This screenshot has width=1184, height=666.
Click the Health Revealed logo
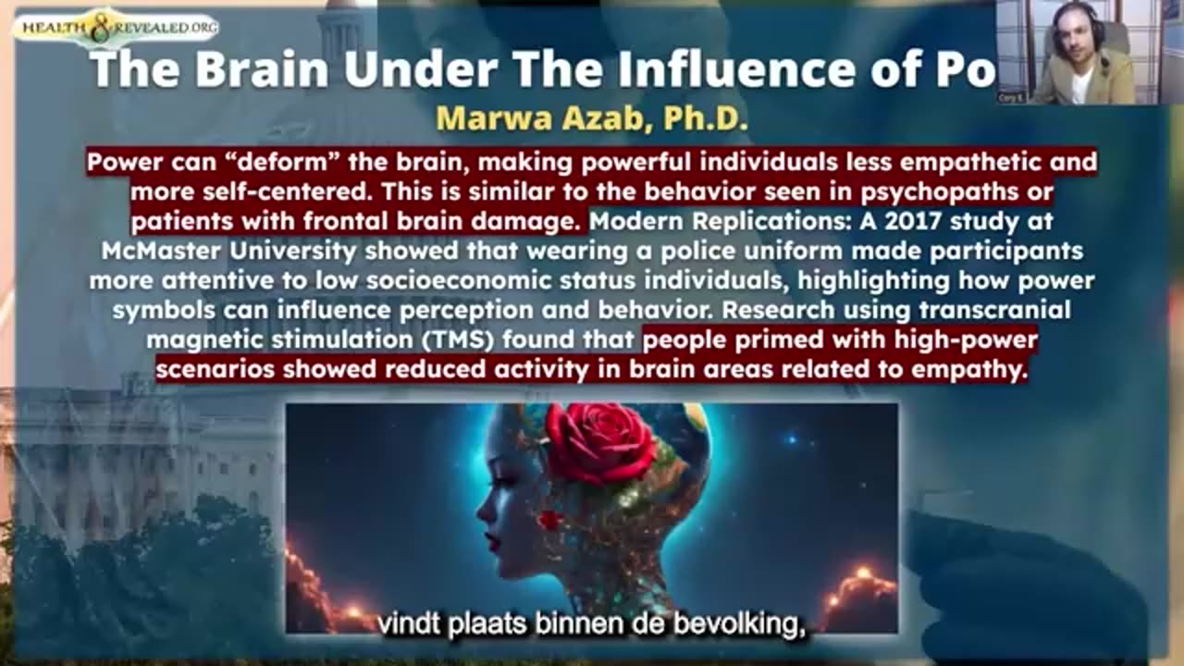[116, 29]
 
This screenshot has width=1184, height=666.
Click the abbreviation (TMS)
[463, 339]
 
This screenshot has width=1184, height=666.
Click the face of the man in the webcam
[1072, 43]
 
